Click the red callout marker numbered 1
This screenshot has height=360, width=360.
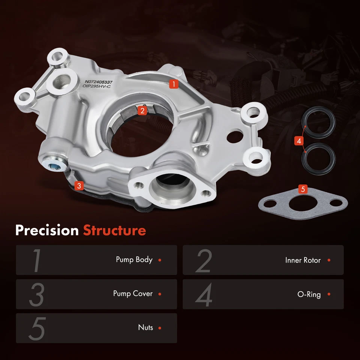[173, 84]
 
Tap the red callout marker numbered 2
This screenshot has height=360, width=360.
[142, 110]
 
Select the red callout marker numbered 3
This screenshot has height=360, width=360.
[79, 185]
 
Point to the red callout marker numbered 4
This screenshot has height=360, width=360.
[298, 141]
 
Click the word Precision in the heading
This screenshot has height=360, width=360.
[47, 230]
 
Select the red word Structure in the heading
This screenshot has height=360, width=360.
[114, 230]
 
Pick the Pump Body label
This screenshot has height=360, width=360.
[134, 259]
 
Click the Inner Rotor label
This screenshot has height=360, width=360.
[303, 260]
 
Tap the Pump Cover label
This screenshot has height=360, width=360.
[133, 294]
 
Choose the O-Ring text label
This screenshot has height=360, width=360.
[309, 294]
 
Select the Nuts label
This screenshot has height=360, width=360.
[145, 328]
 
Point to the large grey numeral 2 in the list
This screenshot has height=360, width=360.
[204, 260]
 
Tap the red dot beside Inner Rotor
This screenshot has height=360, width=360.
[329, 260]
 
